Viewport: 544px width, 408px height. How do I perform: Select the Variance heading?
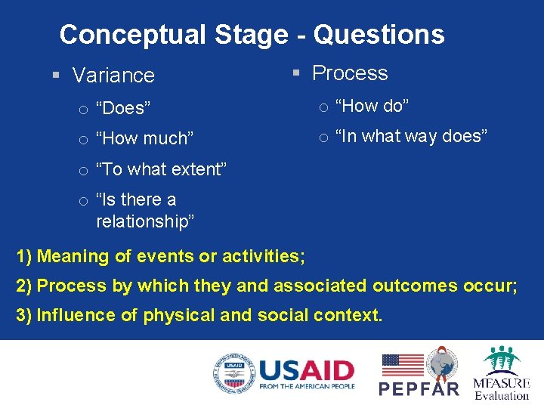(x=113, y=76)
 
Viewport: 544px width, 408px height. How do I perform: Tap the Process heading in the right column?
(x=350, y=73)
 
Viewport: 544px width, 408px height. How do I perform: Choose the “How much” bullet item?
(x=145, y=138)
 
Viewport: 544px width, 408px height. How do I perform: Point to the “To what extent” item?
(x=161, y=169)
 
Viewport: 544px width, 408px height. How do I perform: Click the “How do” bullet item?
(x=372, y=107)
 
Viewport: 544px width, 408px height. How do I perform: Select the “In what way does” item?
(x=411, y=136)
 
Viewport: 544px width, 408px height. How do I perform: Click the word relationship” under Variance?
(x=145, y=221)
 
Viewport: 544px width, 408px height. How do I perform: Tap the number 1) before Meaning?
(x=24, y=257)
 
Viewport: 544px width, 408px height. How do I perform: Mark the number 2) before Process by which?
(x=24, y=286)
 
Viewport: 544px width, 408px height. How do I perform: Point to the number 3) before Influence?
(x=24, y=315)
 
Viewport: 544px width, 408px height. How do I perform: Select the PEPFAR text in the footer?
(x=419, y=388)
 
